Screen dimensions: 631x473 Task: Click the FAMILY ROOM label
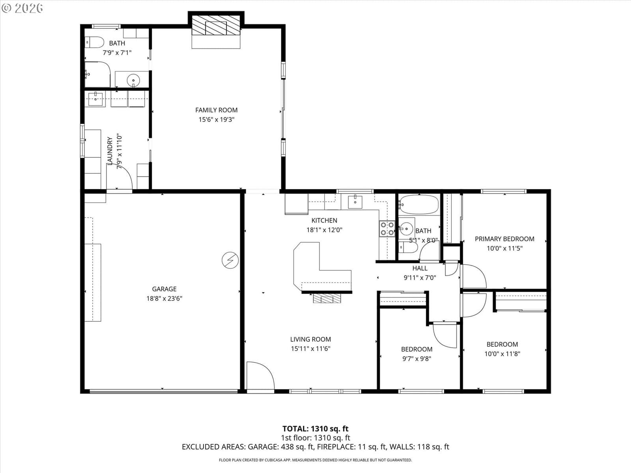click(216, 110)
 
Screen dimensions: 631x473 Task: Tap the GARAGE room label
click(164, 289)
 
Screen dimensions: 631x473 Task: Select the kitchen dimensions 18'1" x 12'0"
click(324, 230)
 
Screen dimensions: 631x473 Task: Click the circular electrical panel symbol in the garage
click(230, 260)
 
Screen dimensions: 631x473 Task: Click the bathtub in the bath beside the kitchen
click(419, 205)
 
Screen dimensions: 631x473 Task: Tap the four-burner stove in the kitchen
click(387, 229)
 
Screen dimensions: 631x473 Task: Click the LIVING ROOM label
click(310, 339)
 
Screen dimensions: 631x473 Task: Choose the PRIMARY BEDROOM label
click(504, 239)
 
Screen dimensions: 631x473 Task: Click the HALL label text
click(420, 268)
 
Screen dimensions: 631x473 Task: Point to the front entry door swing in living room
click(260, 376)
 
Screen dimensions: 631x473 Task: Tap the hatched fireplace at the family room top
click(216, 25)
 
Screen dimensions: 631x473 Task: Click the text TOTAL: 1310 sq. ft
click(315, 429)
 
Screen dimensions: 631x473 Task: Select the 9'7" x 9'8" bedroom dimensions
click(417, 359)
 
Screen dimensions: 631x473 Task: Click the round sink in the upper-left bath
click(133, 80)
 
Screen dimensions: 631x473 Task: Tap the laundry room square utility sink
click(95, 99)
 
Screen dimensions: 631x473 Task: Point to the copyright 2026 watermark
click(22, 8)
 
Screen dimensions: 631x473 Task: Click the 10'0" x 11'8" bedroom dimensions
click(502, 354)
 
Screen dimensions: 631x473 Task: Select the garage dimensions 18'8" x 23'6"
click(164, 298)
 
